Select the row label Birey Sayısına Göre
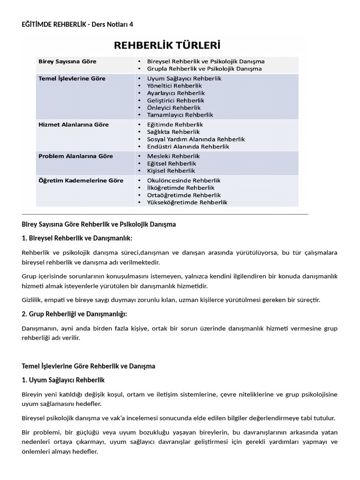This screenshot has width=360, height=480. tap(67, 61)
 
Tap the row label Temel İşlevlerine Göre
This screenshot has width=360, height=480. tap(71, 79)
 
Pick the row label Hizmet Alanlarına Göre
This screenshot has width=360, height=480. tap(74, 125)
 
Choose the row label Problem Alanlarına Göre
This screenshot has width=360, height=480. tap(75, 156)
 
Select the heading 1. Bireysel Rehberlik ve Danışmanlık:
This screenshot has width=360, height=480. tap(77, 238)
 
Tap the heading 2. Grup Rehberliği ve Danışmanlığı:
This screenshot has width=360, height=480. tap(75, 314)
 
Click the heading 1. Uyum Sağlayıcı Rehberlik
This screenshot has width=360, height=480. tap(63, 379)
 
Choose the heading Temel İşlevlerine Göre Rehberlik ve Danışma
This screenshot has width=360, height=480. tap(89, 366)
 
